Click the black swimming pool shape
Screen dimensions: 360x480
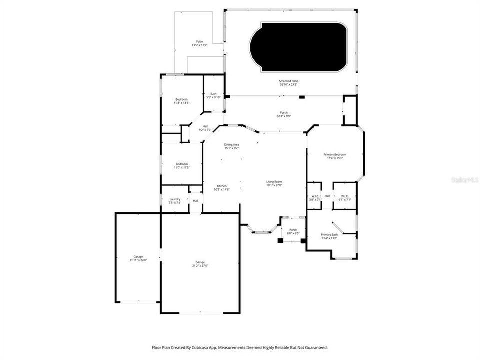(x=298, y=46)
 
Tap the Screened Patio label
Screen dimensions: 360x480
(x=288, y=82)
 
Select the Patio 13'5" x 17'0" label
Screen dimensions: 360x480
(x=199, y=43)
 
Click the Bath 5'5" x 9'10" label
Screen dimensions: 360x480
(x=213, y=95)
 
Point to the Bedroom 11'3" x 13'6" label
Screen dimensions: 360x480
(x=181, y=101)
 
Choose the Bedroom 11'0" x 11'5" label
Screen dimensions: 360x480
(x=181, y=166)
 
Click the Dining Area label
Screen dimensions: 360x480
(x=231, y=146)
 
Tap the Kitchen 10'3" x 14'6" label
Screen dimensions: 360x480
(x=221, y=187)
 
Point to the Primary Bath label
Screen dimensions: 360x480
(x=329, y=236)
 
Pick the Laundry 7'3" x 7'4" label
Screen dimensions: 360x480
(x=175, y=201)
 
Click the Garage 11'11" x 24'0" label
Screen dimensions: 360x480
(x=138, y=258)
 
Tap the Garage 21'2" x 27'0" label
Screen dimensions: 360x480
(x=200, y=264)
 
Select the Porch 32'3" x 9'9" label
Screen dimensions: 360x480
(x=283, y=114)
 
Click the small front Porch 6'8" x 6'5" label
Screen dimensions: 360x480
(x=293, y=231)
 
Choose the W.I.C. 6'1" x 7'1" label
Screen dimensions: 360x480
(x=345, y=198)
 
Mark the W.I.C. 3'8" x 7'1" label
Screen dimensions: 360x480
(x=315, y=198)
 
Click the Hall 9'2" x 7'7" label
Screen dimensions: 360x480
(x=205, y=128)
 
